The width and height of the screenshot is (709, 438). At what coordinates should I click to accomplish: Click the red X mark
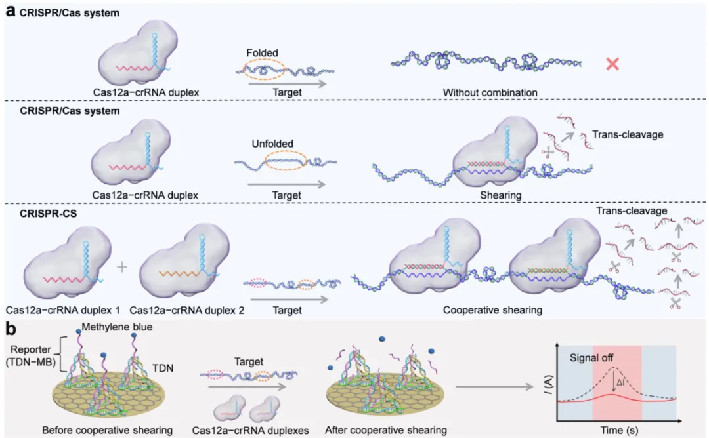click(x=612, y=64)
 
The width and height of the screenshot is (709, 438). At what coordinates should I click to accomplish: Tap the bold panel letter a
click(x=11, y=11)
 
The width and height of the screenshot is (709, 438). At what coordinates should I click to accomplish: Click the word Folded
click(x=263, y=52)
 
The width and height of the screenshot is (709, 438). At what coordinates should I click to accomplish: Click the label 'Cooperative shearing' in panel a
click(x=492, y=310)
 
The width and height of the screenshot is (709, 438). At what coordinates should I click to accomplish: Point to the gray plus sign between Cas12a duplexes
click(x=121, y=267)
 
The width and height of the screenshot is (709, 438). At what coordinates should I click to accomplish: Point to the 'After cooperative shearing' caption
click(x=386, y=430)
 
